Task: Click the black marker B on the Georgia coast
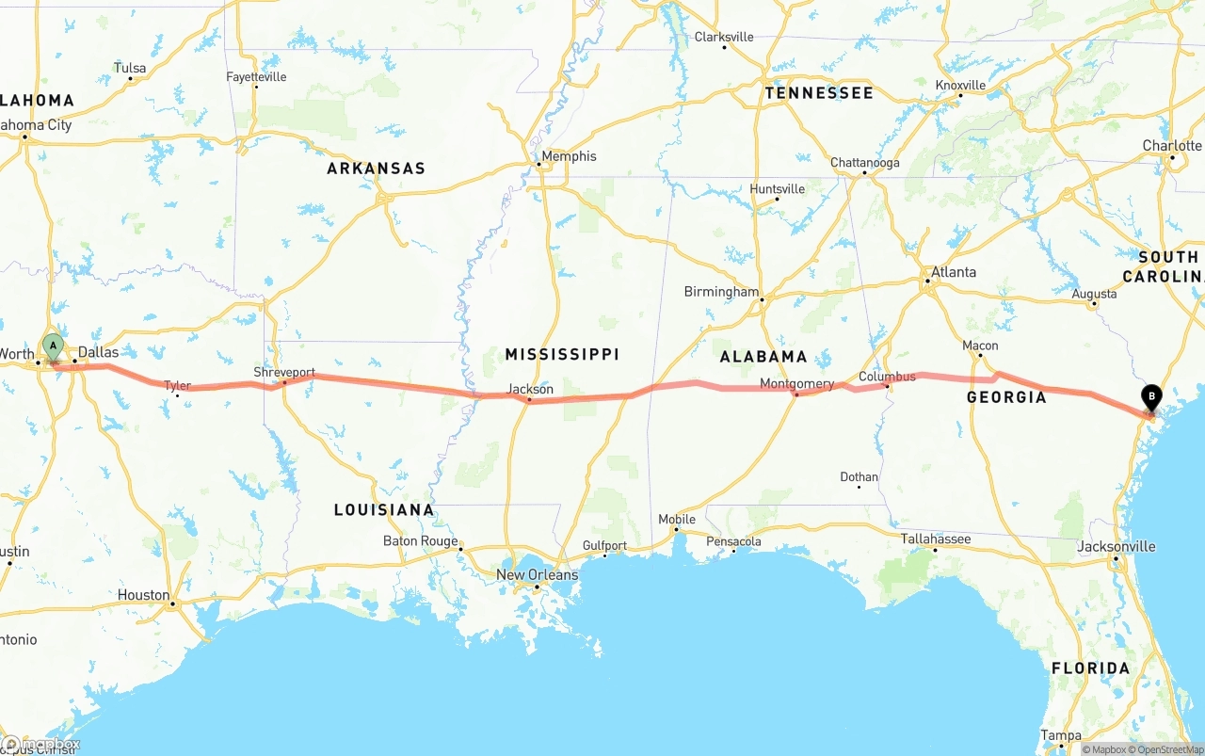point(1150,397)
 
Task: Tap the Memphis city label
point(569,156)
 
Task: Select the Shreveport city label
point(284,373)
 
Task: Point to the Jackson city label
point(530,389)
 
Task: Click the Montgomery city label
point(796,384)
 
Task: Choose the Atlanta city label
point(953,272)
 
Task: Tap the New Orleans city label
point(537,574)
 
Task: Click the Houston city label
point(144,595)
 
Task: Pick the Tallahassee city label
point(936,539)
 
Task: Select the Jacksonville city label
point(1117,546)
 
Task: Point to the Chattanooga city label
point(864,163)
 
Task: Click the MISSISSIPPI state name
point(562,354)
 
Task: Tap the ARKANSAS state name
point(376,169)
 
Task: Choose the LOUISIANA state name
point(384,509)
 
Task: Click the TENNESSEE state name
point(819,93)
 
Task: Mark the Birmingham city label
point(721,292)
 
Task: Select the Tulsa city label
point(130,68)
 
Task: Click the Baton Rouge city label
point(420,540)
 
